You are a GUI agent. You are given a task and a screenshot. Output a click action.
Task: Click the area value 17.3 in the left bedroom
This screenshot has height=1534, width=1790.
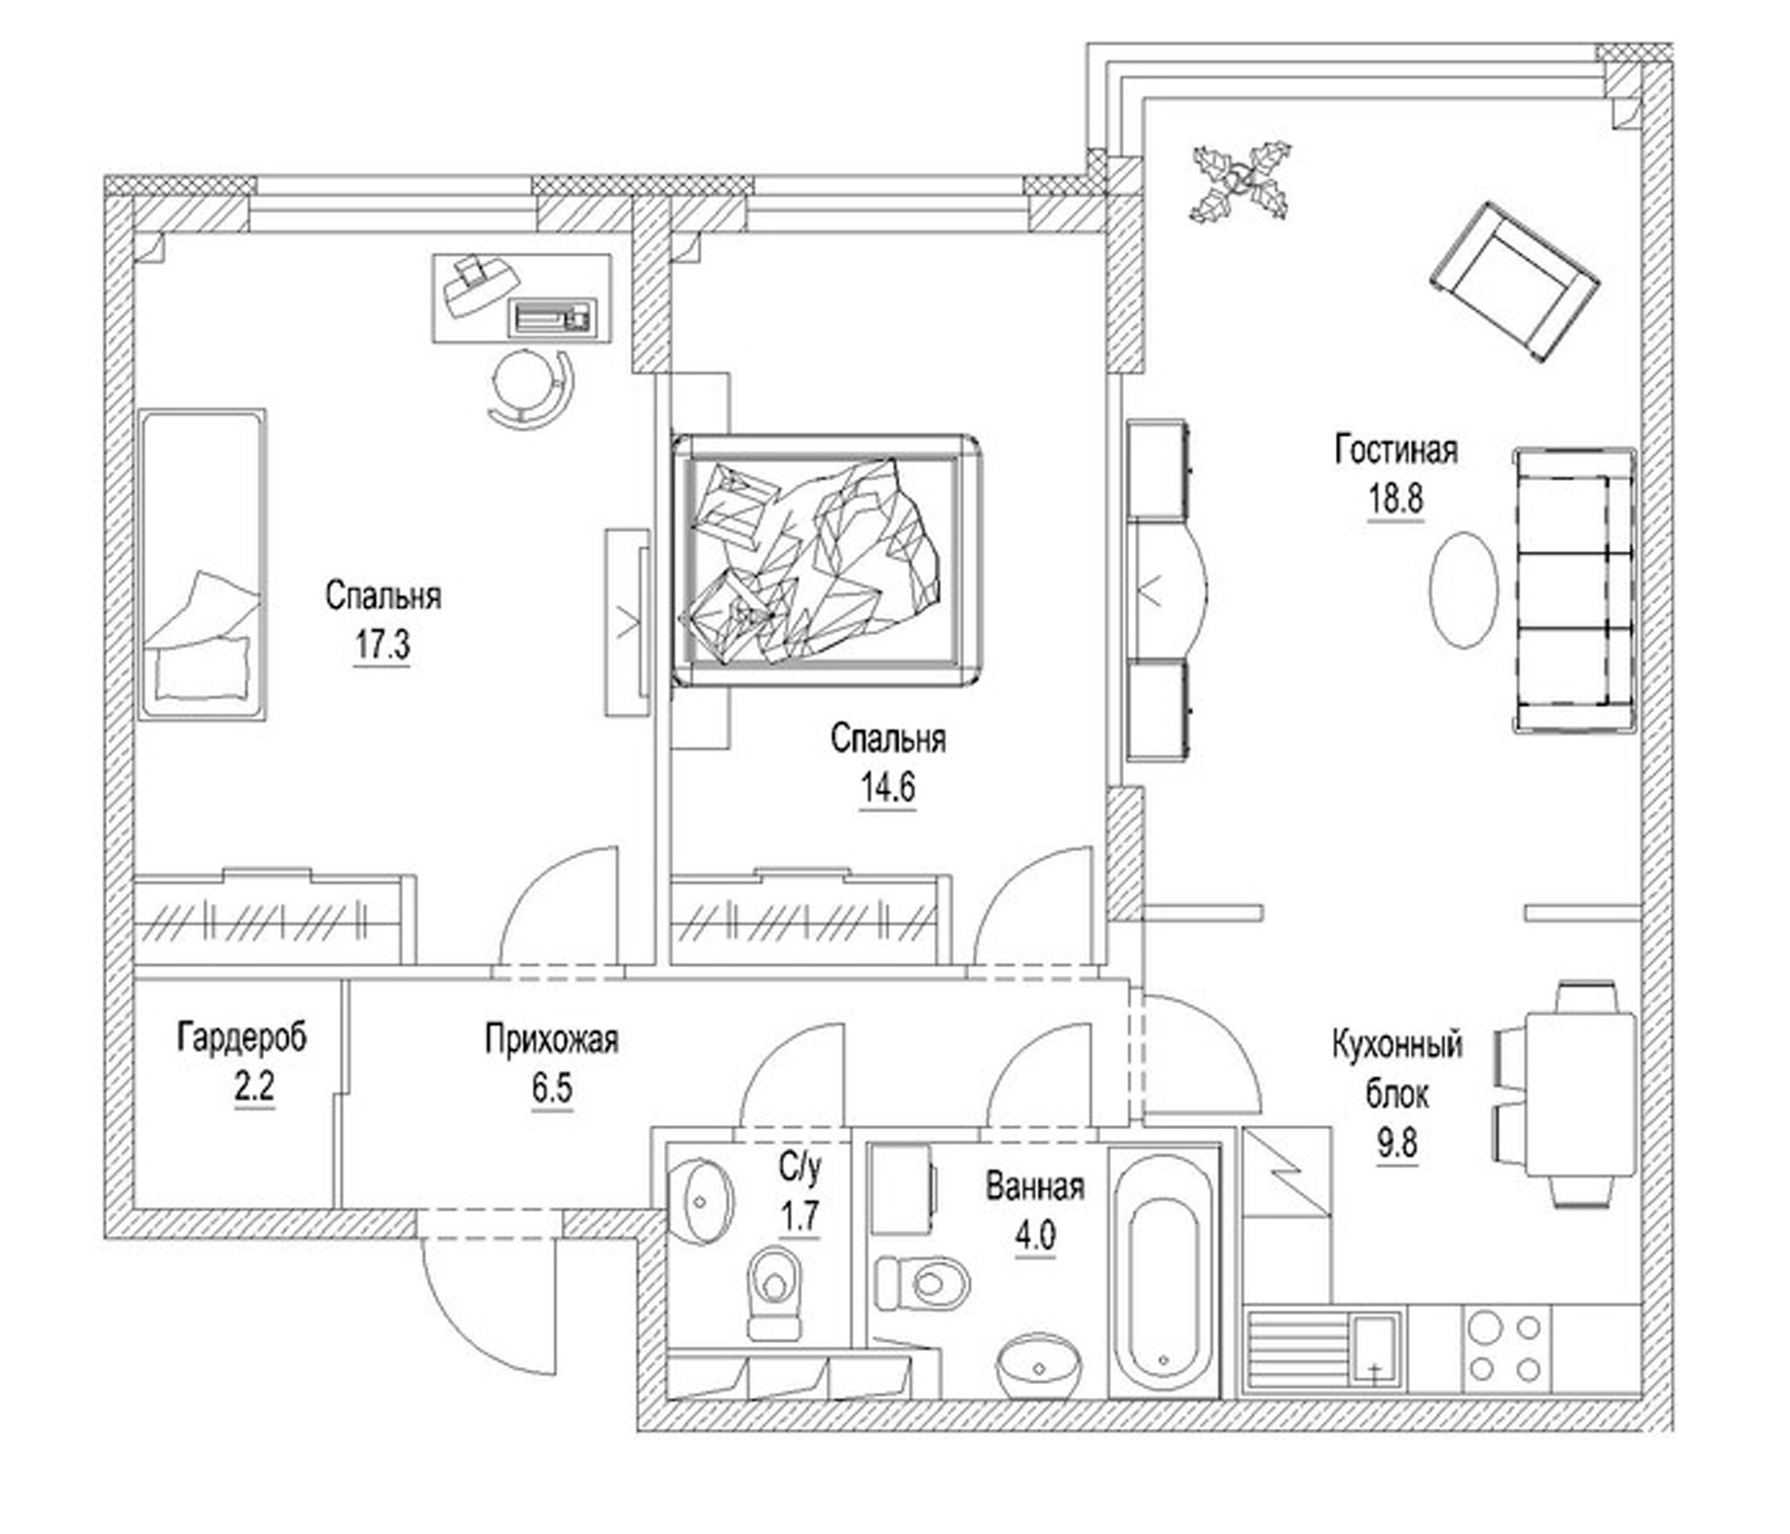click(x=382, y=644)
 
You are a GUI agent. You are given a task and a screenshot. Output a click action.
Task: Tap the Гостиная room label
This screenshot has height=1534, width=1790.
click(x=1396, y=451)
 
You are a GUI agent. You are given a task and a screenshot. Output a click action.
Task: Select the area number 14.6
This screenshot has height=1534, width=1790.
click(x=886, y=787)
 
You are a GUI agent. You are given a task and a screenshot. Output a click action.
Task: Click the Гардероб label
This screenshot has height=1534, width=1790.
click(x=242, y=1038)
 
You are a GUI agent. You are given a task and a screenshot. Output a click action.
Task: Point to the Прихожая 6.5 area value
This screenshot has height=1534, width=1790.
click(x=552, y=1089)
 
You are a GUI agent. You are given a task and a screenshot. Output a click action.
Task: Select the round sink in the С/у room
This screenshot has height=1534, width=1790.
click(x=701, y=1202)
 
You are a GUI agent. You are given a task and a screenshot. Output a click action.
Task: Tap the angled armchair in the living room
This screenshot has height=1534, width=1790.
click(x=1514, y=282)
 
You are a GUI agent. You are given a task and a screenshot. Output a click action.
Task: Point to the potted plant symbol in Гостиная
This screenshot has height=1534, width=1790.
click(x=1241, y=182)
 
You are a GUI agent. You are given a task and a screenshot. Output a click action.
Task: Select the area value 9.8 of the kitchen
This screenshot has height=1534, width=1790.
click(x=1397, y=1145)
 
